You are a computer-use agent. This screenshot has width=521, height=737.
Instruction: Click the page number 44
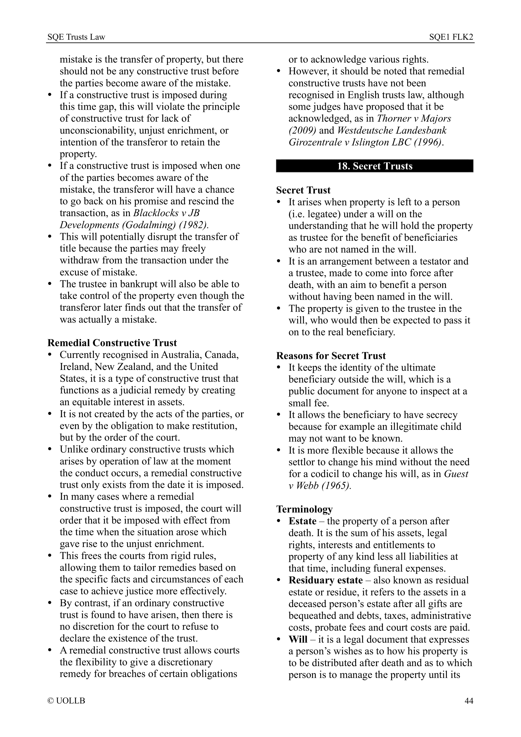click(x=468, y=701)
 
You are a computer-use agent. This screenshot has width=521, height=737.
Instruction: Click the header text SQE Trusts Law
click(x=76, y=37)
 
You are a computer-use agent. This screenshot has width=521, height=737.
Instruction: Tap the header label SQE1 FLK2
click(x=451, y=37)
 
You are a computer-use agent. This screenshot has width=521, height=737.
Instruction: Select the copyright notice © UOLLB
click(x=66, y=701)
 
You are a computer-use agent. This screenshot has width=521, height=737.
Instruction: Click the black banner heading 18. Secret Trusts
click(x=374, y=166)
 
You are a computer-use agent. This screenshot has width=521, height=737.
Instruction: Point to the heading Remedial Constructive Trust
click(x=112, y=343)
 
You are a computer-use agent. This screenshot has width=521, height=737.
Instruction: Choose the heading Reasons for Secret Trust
click(x=331, y=356)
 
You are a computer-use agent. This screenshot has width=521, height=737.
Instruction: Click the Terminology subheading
click(x=304, y=509)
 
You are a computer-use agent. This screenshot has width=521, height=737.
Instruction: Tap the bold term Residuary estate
click(x=326, y=580)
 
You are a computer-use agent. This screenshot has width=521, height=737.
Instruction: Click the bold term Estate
click(x=302, y=521)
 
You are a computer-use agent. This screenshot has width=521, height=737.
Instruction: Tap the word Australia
click(x=181, y=355)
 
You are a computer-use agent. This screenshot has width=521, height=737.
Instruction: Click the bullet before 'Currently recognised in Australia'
click(x=49, y=355)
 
